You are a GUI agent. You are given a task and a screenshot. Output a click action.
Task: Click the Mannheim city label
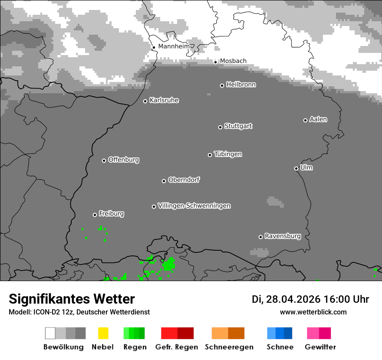click(174, 46)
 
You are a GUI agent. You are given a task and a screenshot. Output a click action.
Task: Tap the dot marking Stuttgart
click(220, 127)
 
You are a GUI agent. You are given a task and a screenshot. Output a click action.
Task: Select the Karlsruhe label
click(164, 101)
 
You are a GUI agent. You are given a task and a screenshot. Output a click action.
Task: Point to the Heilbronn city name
click(241, 85)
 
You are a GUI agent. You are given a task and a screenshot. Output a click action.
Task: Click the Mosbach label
click(233, 61)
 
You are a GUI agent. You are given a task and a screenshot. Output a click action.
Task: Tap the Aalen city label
click(318, 119)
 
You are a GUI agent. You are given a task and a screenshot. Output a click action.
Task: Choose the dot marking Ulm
click(296, 168)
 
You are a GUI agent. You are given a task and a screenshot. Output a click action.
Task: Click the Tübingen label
click(228, 154)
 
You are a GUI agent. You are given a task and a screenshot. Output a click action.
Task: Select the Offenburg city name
click(124, 160)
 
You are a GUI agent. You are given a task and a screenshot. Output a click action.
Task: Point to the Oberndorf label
click(184, 180)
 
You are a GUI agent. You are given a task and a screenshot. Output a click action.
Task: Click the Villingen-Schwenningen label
click(194, 206)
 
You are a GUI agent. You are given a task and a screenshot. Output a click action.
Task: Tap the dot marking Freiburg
click(95, 215)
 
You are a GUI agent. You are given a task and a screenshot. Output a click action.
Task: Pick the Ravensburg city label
click(283, 236)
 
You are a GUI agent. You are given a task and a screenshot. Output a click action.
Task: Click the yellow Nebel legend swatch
click(103, 333)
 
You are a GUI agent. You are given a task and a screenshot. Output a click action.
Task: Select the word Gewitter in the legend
click(320, 347)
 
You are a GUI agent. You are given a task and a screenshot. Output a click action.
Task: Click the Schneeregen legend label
click(229, 347)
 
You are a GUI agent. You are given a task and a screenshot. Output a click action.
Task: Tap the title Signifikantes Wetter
click(72, 299)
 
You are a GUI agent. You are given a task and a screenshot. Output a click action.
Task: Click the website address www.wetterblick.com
click(313, 312)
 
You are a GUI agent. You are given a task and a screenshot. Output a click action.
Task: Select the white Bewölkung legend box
click(50, 333)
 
